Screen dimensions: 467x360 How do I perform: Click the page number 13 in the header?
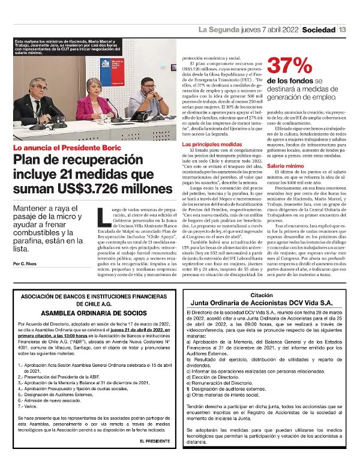342,29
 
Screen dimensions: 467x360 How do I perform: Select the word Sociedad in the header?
319,29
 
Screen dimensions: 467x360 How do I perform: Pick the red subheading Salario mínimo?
284,165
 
